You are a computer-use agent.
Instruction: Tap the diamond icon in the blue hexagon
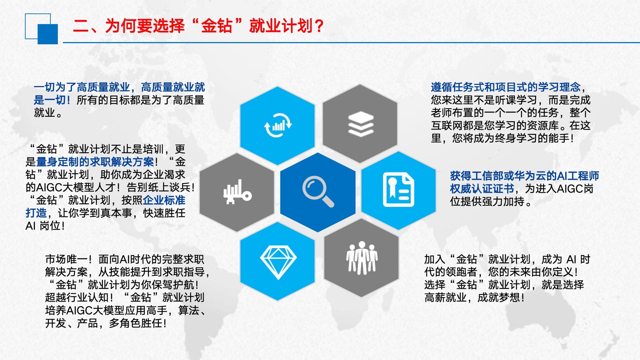click(278, 262)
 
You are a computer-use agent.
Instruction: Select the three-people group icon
click(362, 258)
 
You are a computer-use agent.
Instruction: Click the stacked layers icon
click(361, 124)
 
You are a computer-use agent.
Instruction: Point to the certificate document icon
click(398, 189)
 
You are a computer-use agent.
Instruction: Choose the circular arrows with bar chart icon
click(278, 125)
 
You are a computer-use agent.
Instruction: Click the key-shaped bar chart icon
click(238, 192)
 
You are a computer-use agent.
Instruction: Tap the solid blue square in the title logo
click(48, 34)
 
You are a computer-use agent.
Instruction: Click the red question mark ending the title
click(318, 26)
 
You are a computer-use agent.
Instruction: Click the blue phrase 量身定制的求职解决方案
click(95, 162)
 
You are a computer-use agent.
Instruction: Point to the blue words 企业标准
click(164, 200)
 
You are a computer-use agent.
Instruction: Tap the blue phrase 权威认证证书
click(482, 189)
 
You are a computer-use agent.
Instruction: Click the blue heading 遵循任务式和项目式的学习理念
click(506, 87)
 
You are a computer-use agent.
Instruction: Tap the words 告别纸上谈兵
click(158, 188)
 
